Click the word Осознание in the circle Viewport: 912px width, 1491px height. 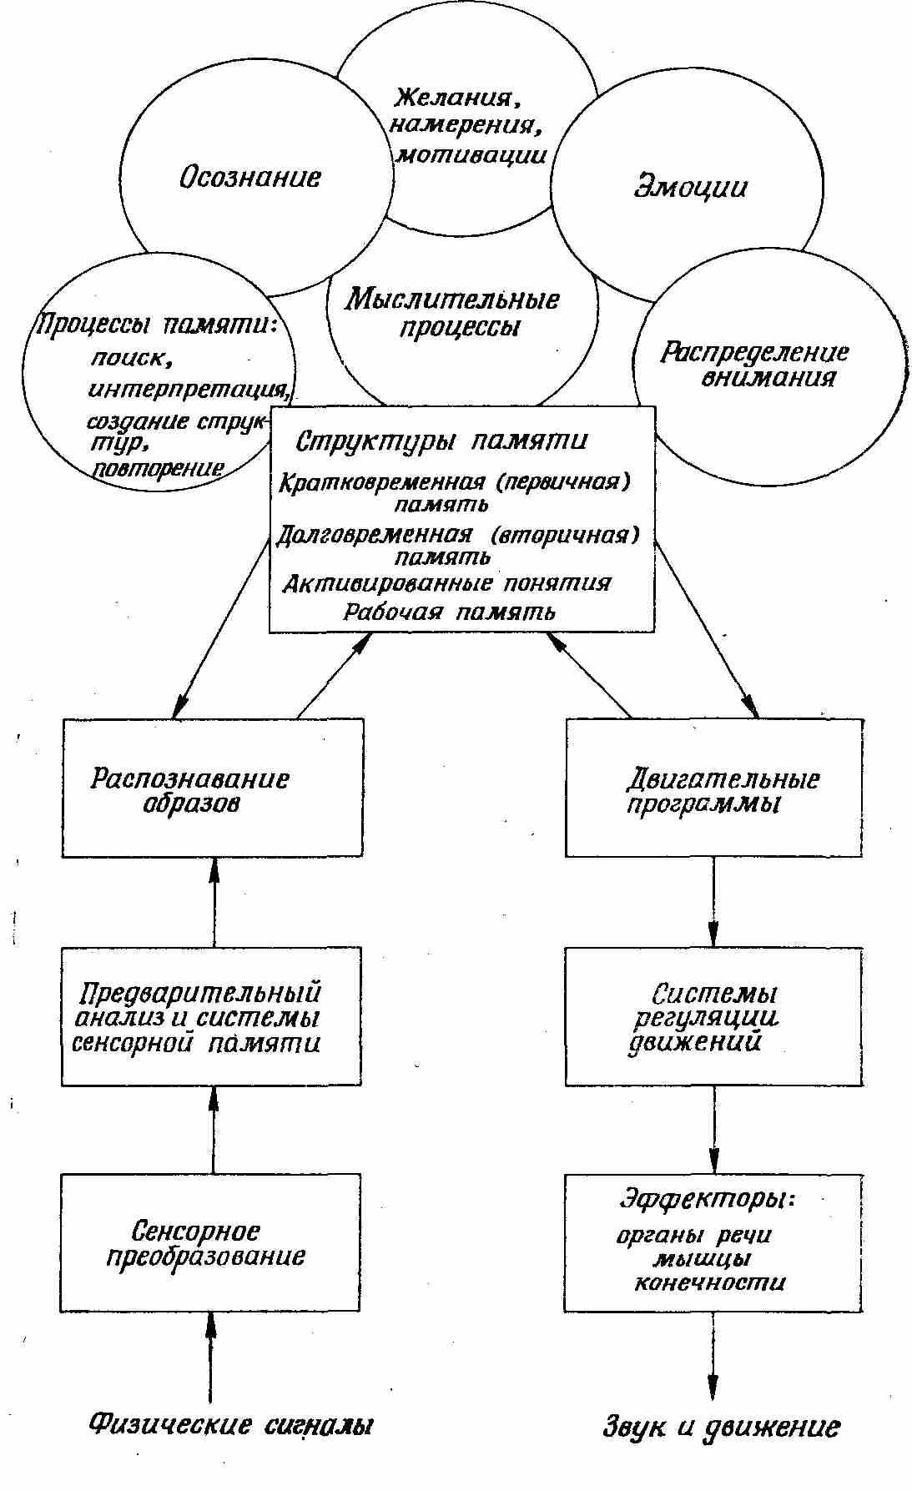pos(249,178)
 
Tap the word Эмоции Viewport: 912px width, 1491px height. pos(690,185)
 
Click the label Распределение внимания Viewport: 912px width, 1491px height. pos(754,365)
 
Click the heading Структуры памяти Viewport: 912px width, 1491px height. pos(442,441)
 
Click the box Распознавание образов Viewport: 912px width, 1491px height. pos(213,788)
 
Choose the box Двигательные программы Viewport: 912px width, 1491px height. pos(713,788)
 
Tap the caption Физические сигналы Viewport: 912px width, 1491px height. pos(230,1423)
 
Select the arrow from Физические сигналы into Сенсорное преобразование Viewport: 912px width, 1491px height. pos(210,1356)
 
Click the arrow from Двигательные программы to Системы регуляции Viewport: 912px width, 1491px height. pos(713,901)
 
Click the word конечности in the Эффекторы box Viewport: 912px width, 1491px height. pos(709,1282)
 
